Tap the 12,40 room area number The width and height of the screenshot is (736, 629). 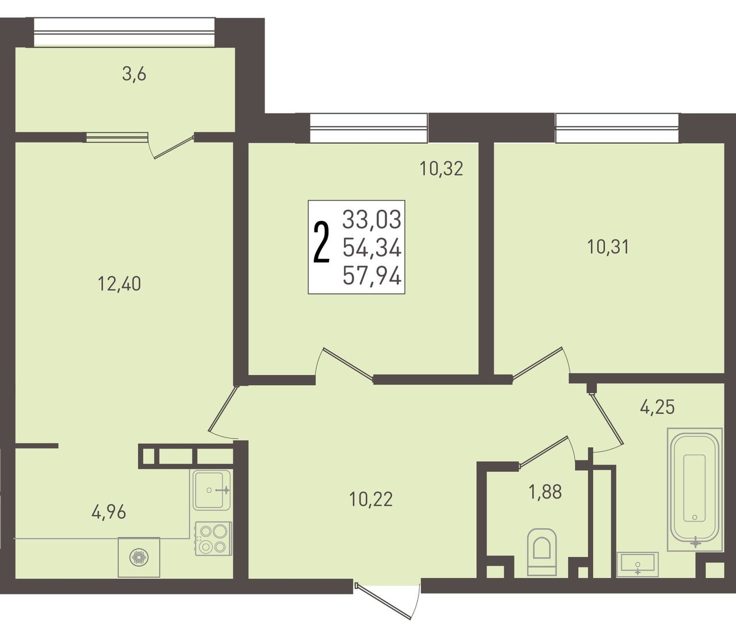[119, 284]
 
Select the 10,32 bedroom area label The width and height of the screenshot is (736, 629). [441, 168]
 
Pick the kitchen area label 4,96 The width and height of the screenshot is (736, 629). [109, 513]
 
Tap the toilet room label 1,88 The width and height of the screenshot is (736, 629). [545, 492]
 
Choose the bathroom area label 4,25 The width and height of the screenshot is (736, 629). [657, 407]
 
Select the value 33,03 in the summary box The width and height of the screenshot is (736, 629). [372, 219]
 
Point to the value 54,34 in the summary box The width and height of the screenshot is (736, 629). [372, 248]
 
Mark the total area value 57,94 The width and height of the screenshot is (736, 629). [372, 276]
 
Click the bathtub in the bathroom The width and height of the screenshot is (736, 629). [695, 489]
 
